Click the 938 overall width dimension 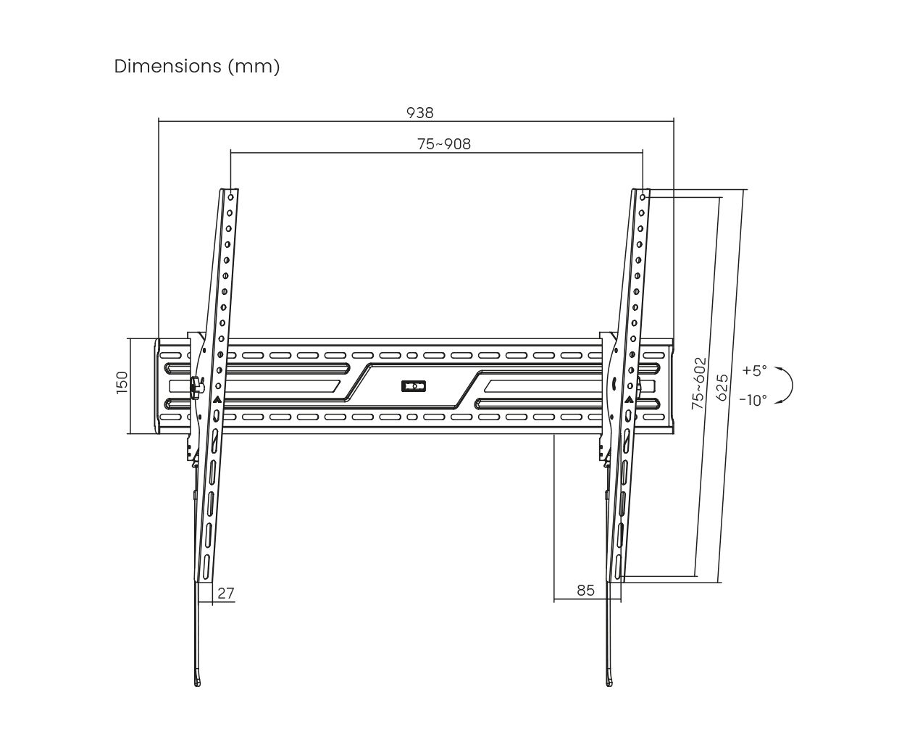click(x=419, y=113)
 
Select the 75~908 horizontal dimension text click(x=444, y=143)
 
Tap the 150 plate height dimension click(x=122, y=382)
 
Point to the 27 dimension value click(x=226, y=593)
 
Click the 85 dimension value click(x=586, y=591)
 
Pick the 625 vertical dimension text click(x=722, y=387)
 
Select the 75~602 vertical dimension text click(x=698, y=383)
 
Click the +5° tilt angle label click(x=754, y=370)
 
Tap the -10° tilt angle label click(x=753, y=400)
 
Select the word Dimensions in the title click(x=168, y=66)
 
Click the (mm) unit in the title click(x=254, y=67)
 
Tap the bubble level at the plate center click(x=414, y=386)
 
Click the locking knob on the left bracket click(x=196, y=387)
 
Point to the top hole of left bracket click(x=231, y=197)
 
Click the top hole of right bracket click(x=643, y=197)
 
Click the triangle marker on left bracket click(x=217, y=399)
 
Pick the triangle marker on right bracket click(x=630, y=399)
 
